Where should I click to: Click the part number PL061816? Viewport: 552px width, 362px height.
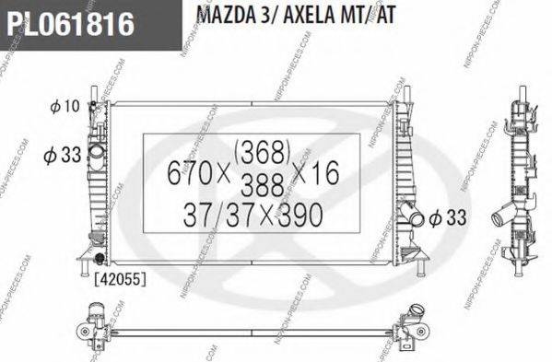69,22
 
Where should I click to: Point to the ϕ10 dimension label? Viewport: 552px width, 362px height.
65,108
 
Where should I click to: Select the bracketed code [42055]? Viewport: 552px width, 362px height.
115,274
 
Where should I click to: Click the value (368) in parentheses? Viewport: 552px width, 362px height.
264,148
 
